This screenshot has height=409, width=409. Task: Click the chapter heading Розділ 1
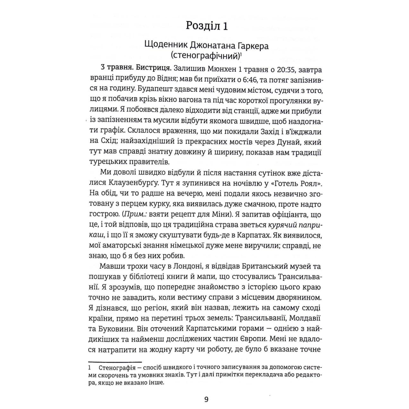[207, 26]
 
